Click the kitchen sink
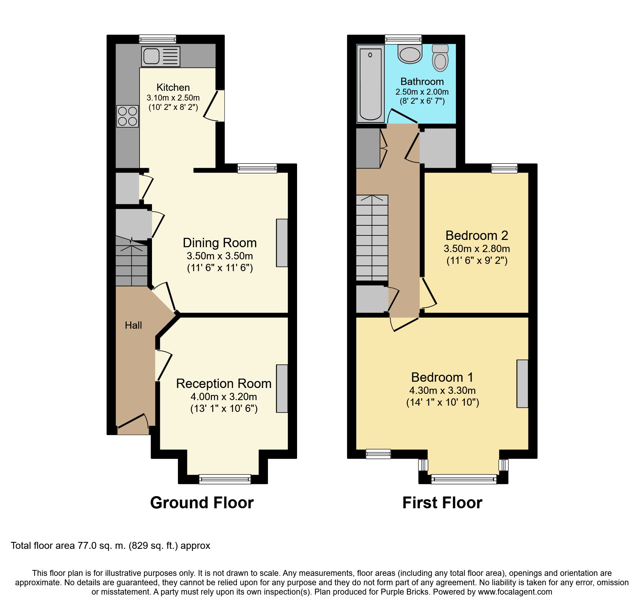pos(161,56)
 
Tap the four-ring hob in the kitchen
pos(128,116)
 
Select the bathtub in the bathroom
pos(370,84)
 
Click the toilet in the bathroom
pos(440,58)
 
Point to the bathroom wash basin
pos(410,54)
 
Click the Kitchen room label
pos(173,87)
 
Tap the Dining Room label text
pos(220,243)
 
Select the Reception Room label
pos(224,383)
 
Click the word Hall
pos(133,325)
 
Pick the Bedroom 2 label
pos(477,235)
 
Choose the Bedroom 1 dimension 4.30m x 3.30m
pos(442,390)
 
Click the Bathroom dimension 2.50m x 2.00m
pos(422,92)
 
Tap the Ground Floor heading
pos(202,503)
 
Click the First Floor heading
pos(442,503)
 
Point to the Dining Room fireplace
pos(282,243)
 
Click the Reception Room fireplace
pos(282,388)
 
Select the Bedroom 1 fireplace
pos(522,383)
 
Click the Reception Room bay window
pos(225,479)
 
